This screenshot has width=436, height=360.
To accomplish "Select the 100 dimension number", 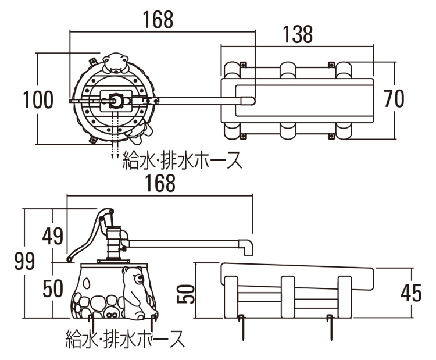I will click(x=38, y=100).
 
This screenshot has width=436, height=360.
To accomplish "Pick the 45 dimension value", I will click(x=411, y=292).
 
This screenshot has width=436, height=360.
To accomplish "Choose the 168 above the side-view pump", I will click(x=160, y=183).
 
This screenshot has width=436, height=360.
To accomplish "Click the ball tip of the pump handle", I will click(x=69, y=258).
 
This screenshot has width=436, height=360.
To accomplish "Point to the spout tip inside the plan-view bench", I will click(x=249, y=101).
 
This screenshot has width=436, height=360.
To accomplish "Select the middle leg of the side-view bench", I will click(x=288, y=296).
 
